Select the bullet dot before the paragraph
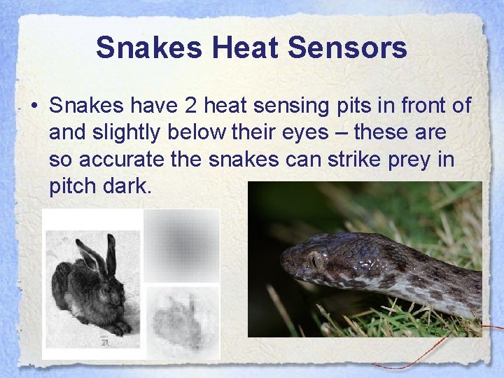pyautogui.click(x=34, y=107)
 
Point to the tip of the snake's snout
pyautogui.click(x=283, y=265)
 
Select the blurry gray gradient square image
pyautogui.click(x=182, y=245)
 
